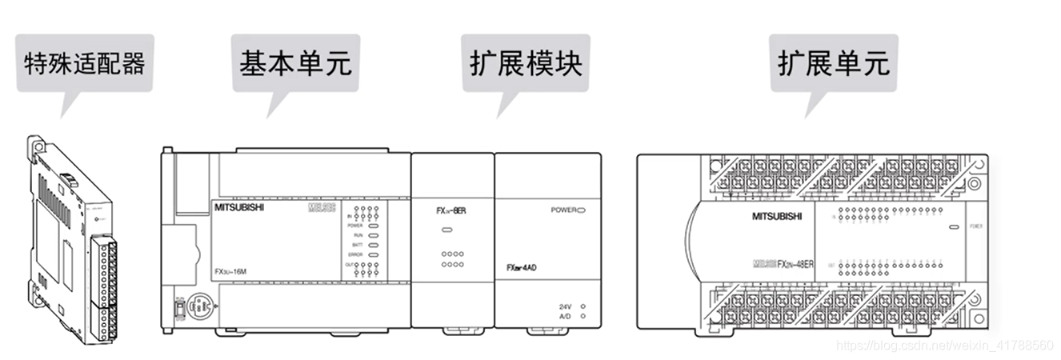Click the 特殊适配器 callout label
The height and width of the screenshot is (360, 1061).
[x=85, y=63]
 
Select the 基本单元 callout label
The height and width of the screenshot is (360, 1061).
[x=295, y=63]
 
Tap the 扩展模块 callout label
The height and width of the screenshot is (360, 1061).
[x=526, y=63]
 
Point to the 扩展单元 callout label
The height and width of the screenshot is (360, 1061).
[x=834, y=63]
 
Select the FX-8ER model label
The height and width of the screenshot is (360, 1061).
[x=451, y=211]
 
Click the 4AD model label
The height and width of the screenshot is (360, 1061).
[x=522, y=267]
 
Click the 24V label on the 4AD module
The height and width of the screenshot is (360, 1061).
[x=565, y=306]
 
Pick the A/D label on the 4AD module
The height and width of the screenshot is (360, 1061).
[x=565, y=316]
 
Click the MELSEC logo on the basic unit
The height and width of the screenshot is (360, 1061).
[x=320, y=208]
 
